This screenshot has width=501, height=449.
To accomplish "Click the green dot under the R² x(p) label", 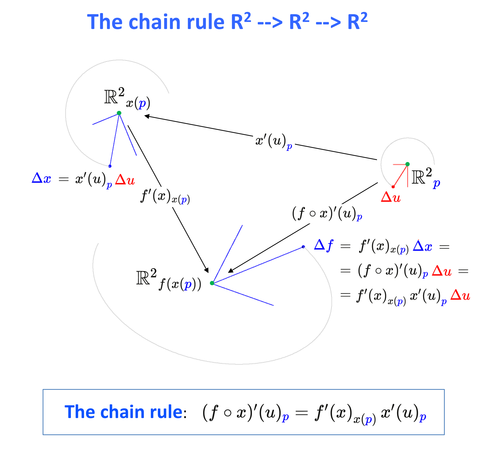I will pos(119,113).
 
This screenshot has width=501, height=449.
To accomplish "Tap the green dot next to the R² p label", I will pos(407,164).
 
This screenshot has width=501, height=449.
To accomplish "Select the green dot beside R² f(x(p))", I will pos(212,283).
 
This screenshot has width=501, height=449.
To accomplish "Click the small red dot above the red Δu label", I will pos(393,187).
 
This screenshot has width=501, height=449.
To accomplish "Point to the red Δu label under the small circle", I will pos(391,197).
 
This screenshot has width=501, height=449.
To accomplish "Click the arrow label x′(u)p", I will pos(274,141).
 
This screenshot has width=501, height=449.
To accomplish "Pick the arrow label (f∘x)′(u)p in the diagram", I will pos(327,214).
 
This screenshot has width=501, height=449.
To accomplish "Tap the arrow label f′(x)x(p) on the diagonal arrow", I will pos(165,197).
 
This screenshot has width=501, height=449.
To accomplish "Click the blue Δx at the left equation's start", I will pos(41,178).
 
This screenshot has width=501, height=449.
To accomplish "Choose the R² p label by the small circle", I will pos(426,178).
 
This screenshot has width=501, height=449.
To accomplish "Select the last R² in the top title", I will pos(357,21).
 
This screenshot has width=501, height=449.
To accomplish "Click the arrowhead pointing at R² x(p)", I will pos(147,116).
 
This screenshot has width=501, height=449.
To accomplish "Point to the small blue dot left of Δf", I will pos(303,247).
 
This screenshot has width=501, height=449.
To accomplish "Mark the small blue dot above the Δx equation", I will pos(110,166).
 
